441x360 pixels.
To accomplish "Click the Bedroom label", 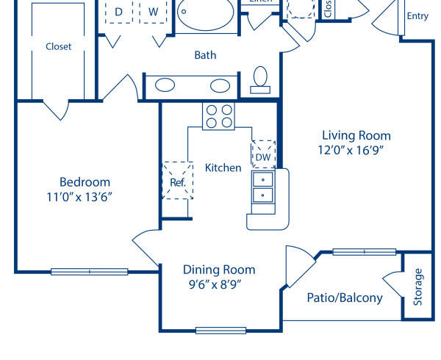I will click(85, 182).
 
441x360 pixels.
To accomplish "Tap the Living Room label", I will click(356, 135).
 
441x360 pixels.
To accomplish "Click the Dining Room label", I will click(219, 270).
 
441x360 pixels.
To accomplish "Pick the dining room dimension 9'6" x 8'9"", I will click(215, 284).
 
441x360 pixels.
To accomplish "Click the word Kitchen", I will click(223, 168).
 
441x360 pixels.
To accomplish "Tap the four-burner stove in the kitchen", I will click(218, 116).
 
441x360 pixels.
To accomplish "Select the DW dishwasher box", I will click(263, 155).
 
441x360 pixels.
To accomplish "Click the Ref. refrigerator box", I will click(177, 181).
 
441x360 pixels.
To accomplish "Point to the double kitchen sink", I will click(262, 187).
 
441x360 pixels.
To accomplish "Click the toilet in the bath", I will click(260, 79).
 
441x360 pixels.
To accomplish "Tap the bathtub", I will click(207, 15).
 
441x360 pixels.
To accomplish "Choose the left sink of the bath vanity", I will click(165, 84).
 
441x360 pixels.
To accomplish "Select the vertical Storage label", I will click(418, 287).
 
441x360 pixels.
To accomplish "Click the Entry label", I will click(417, 16).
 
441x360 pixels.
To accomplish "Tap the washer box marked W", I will click(154, 12).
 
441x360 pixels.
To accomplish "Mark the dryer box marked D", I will click(118, 12).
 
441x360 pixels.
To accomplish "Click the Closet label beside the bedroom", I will click(59, 46).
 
